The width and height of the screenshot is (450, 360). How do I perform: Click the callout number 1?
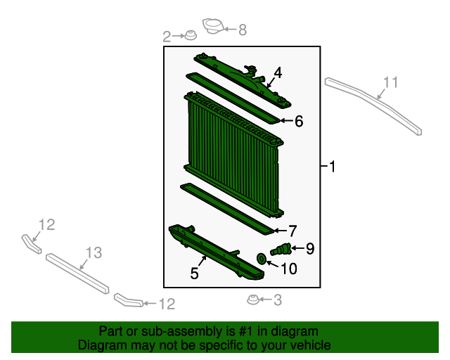(x=333, y=167)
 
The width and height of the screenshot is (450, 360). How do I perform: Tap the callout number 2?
(x=167, y=36)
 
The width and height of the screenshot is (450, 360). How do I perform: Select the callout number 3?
(x=277, y=301)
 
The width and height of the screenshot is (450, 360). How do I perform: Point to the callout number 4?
(x=278, y=72)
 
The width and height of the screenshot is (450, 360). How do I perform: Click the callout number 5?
(x=194, y=274)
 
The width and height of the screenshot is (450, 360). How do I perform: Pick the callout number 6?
(x=299, y=122)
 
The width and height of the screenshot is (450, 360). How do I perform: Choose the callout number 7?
(x=292, y=231)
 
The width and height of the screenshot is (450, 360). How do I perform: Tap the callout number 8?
(x=243, y=30)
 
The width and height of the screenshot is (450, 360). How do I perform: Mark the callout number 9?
(x=309, y=247)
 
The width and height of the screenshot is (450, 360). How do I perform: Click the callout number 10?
(x=288, y=268)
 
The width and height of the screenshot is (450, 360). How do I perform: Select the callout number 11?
(x=390, y=83)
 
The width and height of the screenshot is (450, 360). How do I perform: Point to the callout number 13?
(x=94, y=252)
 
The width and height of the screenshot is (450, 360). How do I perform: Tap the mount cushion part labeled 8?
(x=213, y=27)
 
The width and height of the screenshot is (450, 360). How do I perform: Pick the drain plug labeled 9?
(x=281, y=248)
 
